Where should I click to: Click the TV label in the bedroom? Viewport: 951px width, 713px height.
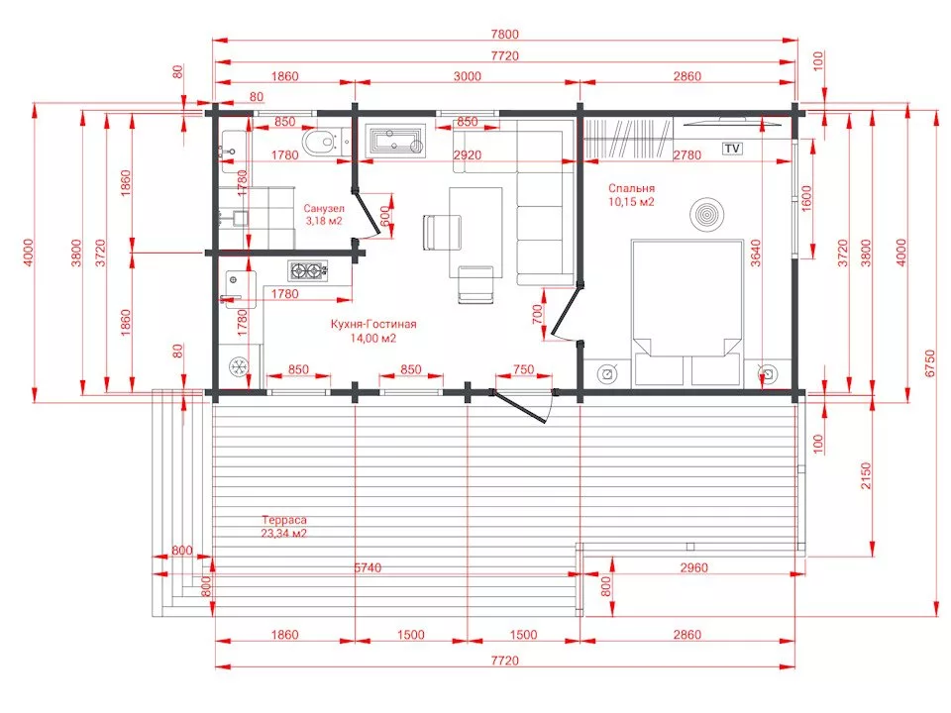tap(732, 149)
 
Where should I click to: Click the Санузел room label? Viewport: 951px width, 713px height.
tap(324, 208)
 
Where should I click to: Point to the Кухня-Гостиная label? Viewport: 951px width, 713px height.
tap(373, 324)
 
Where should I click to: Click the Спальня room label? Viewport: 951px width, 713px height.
tap(631, 188)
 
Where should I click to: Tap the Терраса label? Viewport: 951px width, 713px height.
tap(284, 520)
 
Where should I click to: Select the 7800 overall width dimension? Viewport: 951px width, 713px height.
tap(504, 35)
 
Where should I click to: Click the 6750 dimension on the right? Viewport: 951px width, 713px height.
tap(930, 363)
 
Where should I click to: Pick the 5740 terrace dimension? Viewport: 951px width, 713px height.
tap(369, 567)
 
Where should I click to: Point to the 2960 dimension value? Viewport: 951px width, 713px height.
tap(693, 567)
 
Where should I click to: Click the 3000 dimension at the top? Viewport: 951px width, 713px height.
tap(467, 76)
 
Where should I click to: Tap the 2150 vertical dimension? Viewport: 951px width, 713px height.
tap(866, 476)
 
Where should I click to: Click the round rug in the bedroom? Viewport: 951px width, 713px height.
tap(706, 215)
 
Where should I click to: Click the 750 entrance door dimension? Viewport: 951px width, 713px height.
tap(523, 369)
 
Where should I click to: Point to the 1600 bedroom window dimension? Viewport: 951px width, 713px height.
tap(806, 198)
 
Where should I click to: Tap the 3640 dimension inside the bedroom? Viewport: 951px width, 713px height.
tap(755, 253)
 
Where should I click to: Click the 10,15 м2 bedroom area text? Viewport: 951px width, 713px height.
tap(631, 202)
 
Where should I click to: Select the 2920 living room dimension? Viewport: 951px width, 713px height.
tap(467, 155)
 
